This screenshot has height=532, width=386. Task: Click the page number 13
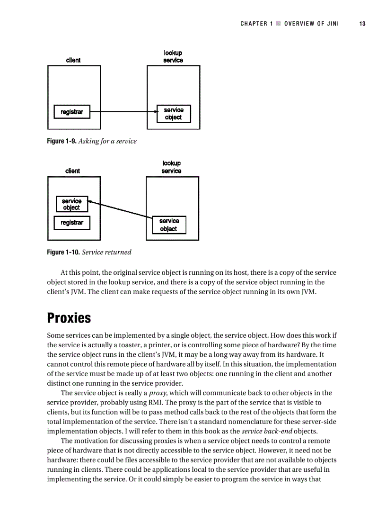pos(362,24)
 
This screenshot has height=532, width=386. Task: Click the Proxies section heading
pos(69,317)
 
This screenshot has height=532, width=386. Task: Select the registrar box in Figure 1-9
pos(72,112)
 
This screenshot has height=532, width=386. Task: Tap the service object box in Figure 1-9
pos(173,114)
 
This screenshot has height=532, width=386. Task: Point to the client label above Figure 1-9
pos(73,60)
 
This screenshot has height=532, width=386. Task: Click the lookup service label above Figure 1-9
pos(173,57)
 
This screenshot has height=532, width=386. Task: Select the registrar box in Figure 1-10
pos(72,223)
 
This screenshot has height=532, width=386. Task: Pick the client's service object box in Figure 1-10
pos(71,204)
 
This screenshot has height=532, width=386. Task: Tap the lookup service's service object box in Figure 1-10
pos(169,225)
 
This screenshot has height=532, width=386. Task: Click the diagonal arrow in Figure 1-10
pos(121,210)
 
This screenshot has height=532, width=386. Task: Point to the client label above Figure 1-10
pos(72,171)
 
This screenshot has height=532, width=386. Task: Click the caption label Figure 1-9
pos(61,141)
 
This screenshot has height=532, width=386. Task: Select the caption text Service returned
pos(106,252)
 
